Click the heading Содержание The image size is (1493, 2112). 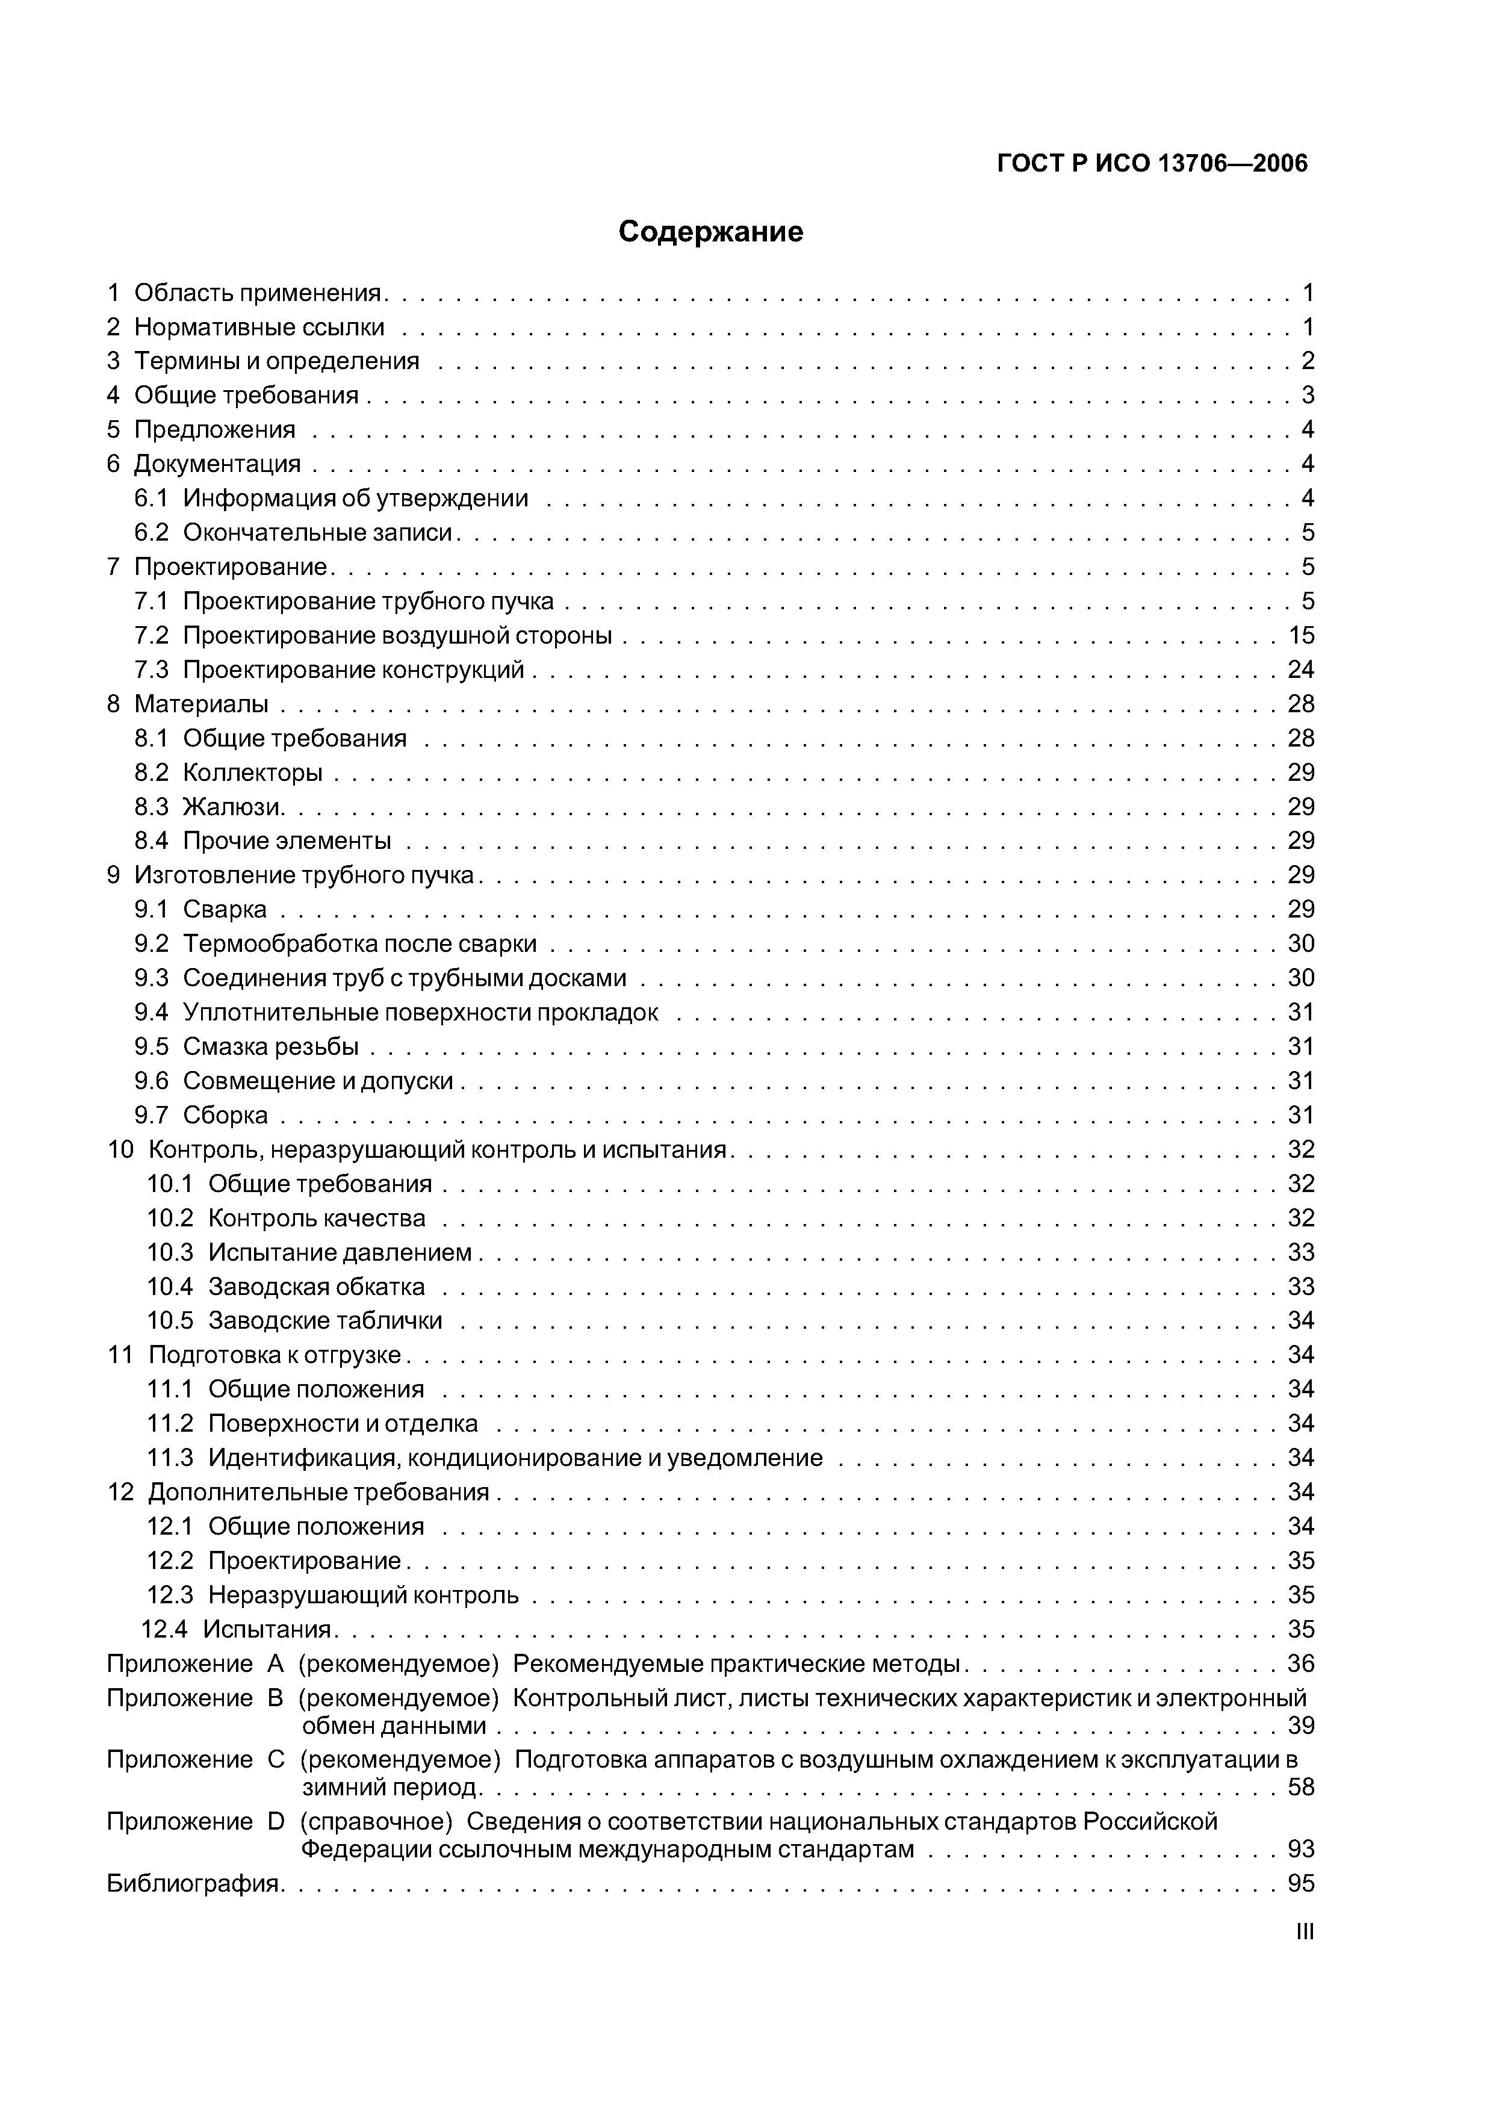(x=710, y=232)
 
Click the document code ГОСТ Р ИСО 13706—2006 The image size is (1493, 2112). (x=1152, y=164)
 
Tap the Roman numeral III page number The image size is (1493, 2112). (x=1305, y=1932)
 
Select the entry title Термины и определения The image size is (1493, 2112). (x=276, y=361)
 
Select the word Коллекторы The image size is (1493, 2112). (x=252, y=772)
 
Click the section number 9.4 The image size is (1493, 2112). (x=152, y=1013)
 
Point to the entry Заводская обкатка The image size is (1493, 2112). (x=317, y=1287)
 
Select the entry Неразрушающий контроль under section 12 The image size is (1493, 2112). (x=364, y=1595)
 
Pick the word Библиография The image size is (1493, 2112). (x=193, y=1884)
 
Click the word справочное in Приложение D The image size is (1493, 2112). (x=376, y=1821)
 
